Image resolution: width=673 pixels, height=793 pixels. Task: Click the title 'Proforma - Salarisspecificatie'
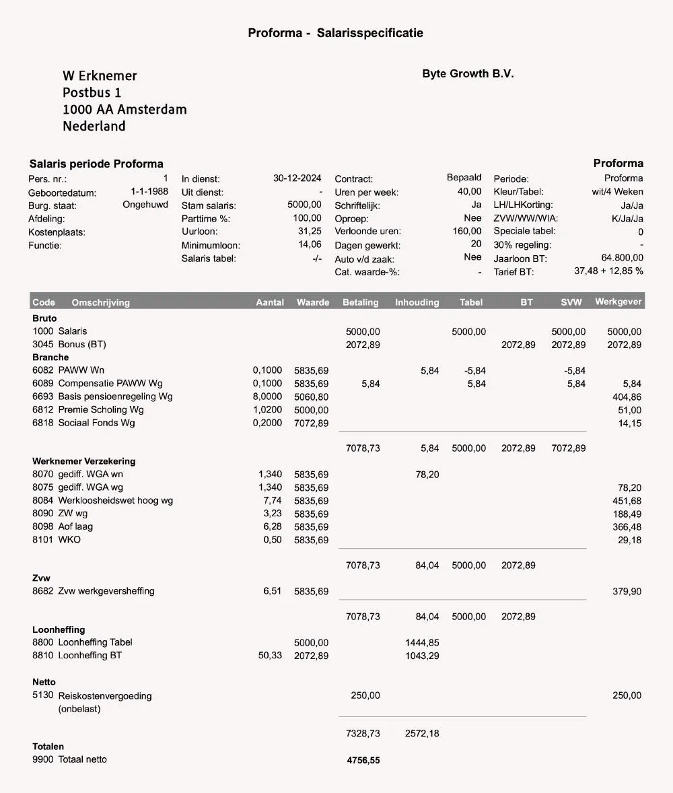335,33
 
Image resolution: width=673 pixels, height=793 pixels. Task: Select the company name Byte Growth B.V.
468,74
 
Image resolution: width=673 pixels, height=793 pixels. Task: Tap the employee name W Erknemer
100,76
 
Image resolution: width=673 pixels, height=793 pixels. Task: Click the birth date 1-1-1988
149,192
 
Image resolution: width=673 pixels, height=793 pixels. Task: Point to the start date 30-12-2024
297,179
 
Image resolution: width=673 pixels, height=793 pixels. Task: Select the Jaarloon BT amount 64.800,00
622,258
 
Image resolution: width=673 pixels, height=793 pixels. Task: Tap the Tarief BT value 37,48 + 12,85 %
608,271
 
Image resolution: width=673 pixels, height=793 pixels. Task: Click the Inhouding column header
417,302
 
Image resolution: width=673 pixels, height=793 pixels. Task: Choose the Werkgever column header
618,302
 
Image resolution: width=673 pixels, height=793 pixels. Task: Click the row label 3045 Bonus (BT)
69,344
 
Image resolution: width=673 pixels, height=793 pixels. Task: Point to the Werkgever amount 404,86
627,396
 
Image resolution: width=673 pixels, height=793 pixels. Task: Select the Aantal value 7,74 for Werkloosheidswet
273,500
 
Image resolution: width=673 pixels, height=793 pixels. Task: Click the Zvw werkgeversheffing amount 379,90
627,592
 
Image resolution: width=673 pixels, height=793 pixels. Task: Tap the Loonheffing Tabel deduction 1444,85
422,643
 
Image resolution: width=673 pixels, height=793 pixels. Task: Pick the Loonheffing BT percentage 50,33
270,656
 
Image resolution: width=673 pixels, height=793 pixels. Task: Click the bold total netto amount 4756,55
363,761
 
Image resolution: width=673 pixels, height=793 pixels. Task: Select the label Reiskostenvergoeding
105,696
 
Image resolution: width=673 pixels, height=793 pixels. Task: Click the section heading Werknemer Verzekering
83,461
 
